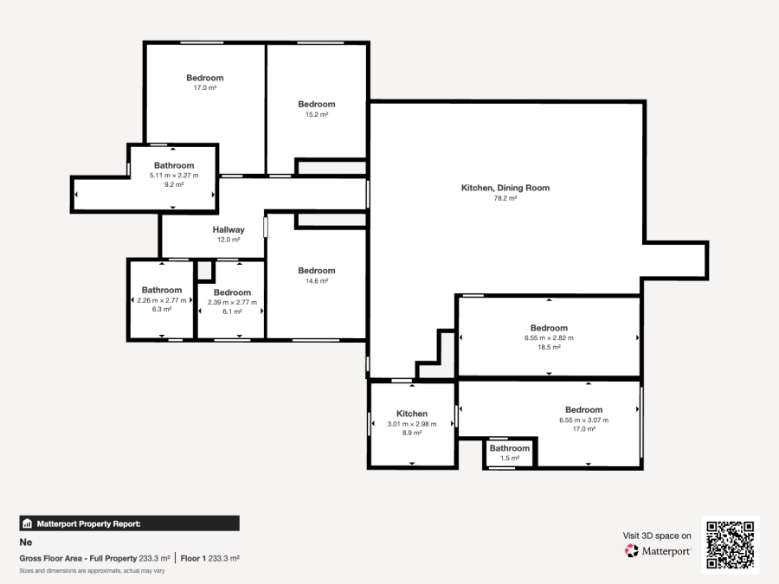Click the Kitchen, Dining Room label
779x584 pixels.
click(x=505, y=188)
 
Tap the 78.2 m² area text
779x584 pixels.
click(x=505, y=198)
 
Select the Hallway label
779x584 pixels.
click(x=229, y=230)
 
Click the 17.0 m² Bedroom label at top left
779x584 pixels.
click(x=204, y=78)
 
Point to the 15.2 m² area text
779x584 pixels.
click(x=316, y=114)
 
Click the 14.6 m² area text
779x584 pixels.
click(x=316, y=281)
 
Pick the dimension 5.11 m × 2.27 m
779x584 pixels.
click(x=174, y=175)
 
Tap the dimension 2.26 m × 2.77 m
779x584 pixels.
click(x=162, y=300)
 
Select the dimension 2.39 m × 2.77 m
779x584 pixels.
click(x=232, y=302)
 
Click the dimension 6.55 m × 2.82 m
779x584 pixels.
click(x=549, y=337)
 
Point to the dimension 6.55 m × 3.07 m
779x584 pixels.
click(x=583, y=420)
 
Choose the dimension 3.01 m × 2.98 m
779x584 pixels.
click(x=412, y=424)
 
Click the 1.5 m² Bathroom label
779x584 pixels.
click(x=509, y=448)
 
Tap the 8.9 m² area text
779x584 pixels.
click(x=412, y=433)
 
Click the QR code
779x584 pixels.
click(x=730, y=545)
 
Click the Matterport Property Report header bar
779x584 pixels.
click(x=129, y=523)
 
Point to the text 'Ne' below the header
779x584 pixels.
click(x=25, y=542)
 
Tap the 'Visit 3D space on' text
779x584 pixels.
click(x=657, y=536)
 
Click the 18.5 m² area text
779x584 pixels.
click(x=549, y=347)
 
